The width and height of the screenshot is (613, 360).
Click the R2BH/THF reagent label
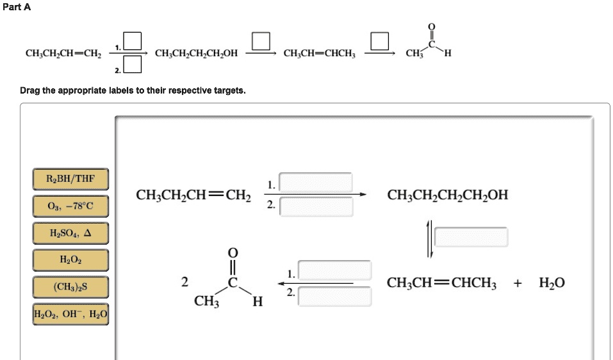pyautogui.click(x=70, y=179)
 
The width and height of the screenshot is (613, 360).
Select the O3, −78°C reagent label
pyautogui.click(x=70, y=206)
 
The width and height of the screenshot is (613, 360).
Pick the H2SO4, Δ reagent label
pyautogui.click(x=70, y=233)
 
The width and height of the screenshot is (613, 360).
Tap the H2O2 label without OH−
pyautogui.click(x=70, y=260)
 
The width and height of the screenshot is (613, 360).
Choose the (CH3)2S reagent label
pyautogui.click(x=70, y=287)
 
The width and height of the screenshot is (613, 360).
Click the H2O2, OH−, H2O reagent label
pyautogui.click(x=70, y=314)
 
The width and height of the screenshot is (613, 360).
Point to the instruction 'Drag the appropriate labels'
pyautogui.click(x=133, y=90)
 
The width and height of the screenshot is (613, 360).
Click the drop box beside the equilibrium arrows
pyautogui.click(x=471, y=237)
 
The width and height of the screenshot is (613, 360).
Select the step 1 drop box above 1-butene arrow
pyautogui.click(x=315, y=183)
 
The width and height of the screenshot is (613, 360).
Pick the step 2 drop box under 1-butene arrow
pyautogui.click(x=315, y=206)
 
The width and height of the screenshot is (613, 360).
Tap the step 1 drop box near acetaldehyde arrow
pyautogui.click(x=334, y=270)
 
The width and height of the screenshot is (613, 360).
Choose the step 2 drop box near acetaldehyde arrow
pyautogui.click(x=334, y=295)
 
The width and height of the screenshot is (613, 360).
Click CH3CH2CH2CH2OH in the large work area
pyautogui.click(x=448, y=195)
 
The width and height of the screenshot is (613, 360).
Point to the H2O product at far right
pyautogui.click(x=552, y=282)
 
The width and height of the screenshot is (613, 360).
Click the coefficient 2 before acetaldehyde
pyautogui.click(x=184, y=282)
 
